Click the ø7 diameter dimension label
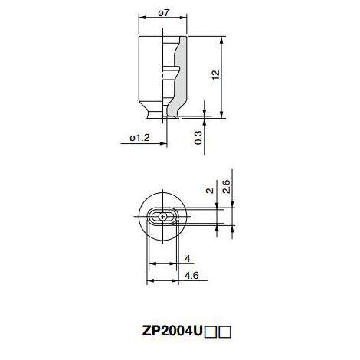(164, 13)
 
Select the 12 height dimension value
(216, 74)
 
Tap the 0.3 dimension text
(198, 138)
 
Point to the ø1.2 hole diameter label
(139, 138)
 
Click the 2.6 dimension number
(226, 186)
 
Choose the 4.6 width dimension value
(191, 276)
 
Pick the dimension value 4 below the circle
(188, 259)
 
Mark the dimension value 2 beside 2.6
(210, 191)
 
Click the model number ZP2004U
(172, 332)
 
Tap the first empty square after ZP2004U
(211, 332)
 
